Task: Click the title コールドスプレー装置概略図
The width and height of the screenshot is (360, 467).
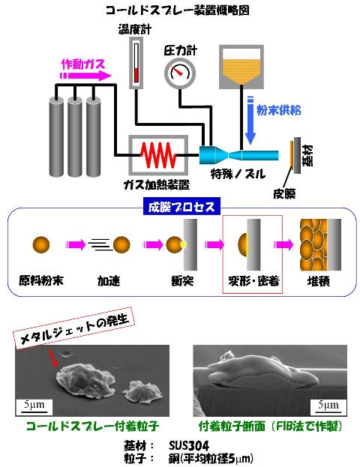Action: pyautogui.click(x=178, y=10)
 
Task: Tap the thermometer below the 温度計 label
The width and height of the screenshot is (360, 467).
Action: pyautogui.click(x=136, y=63)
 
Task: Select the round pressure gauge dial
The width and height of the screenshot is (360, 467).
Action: pyautogui.click(x=180, y=73)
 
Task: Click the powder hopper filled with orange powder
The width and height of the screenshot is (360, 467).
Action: pyautogui.click(x=241, y=67)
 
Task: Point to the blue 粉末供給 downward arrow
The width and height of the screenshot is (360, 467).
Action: pyautogui.click(x=250, y=121)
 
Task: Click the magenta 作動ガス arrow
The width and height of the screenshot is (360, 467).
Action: pyautogui.click(x=85, y=76)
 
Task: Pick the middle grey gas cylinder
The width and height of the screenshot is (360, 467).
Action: pyautogui.click(x=75, y=136)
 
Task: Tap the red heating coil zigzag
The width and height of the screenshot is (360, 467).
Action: pyautogui.click(x=158, y=155)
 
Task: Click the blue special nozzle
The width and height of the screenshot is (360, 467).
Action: pyautogui.click(x=238, y=155)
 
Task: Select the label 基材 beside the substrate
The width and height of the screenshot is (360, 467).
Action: pyautogui.click(x=307, y=155)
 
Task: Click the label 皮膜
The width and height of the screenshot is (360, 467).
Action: pyautogui.click(x=284, y=194)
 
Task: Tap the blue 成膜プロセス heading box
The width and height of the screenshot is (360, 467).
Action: pyautogui.click(x=181, y=206)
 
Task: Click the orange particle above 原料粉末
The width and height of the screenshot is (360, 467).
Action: pyautogui.click(x=41, y=244)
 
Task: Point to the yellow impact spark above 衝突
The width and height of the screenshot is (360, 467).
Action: pyautogui.click(x=183, y=244)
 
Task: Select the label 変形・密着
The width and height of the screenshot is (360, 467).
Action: pyautogui.click(x=253, y=281)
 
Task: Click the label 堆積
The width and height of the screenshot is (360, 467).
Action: pyautogui.click(x=319, y=281)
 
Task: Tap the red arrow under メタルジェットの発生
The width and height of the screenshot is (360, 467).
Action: pyautogui.click(x=52, y=358)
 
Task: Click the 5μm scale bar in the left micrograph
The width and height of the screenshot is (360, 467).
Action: pyautogui.click(x=34, y=412)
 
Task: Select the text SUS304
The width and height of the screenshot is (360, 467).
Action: pyautogui.click(x=189, y=445)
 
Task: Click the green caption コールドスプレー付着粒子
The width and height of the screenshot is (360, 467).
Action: pyautogui.click(x=93, y=427)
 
